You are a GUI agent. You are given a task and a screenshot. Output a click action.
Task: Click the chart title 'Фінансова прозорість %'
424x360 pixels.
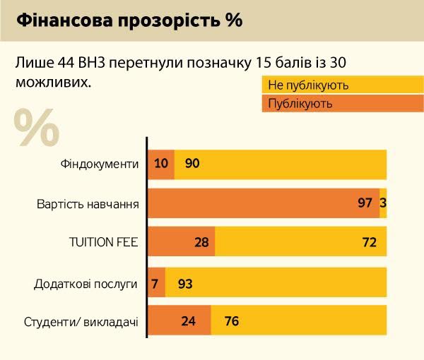[129, 20]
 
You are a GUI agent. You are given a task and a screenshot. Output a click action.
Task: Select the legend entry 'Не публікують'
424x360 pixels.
[308, 86]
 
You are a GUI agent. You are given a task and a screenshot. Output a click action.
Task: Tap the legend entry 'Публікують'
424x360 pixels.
[300, 104]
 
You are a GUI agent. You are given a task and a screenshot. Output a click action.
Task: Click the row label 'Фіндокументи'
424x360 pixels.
[99, 164]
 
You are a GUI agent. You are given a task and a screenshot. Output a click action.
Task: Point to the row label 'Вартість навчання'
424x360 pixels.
[87, 204]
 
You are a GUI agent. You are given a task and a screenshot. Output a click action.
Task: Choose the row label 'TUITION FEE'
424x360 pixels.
[102, 244]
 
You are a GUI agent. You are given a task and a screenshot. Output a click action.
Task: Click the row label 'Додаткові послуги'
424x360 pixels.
[86, 284]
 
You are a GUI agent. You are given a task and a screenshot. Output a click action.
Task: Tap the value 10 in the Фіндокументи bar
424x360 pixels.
[160, 164]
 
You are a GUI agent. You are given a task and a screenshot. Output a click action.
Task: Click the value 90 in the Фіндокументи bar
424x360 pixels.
[192, 164]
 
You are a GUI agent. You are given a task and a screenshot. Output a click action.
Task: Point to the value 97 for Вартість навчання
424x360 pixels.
[365, 203]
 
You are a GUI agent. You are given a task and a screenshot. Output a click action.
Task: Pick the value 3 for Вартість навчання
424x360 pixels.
[383, 203]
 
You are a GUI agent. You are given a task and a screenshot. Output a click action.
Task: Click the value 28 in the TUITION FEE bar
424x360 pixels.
[201, 243]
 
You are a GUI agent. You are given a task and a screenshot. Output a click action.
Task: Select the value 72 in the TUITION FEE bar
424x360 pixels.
[369, 243]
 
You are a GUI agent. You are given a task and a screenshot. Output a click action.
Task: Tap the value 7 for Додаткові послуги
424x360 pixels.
[155, 284]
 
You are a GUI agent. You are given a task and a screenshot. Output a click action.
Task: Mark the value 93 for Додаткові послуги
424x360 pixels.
[185, 284]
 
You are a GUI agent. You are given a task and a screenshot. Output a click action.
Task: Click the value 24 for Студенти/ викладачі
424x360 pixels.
[188, 322]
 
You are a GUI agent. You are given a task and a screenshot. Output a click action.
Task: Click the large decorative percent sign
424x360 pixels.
[37, 127]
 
